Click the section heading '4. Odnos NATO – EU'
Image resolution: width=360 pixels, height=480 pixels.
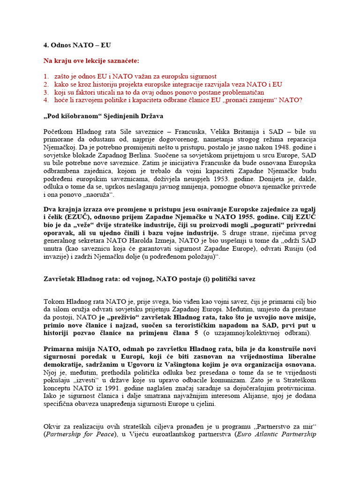click(77, 45)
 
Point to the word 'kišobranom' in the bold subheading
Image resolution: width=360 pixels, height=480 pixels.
click(78, 116)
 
